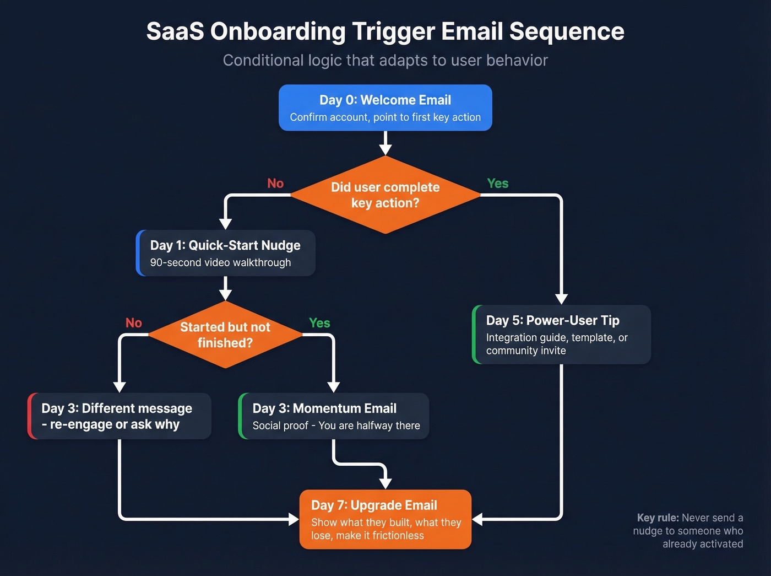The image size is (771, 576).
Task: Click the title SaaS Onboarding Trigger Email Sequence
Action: [x=385, y=31]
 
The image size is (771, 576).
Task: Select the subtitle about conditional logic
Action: [x=385, y=60]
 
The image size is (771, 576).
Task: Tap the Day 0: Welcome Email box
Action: [x=385, y=107]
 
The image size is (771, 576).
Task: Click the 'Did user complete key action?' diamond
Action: [x=385, y=195]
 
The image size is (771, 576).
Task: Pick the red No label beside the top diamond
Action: [x=275, y=184]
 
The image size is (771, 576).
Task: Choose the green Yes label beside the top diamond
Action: [x=497, y=184]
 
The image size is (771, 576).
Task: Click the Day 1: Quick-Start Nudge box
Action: [x=225, y=253]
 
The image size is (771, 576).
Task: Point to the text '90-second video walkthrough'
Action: [x=220, y=263]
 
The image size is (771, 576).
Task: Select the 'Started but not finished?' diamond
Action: [x=225, y=335]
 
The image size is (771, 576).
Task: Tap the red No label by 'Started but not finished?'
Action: [x=134, y=323]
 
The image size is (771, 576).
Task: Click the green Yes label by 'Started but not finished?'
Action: [x=319, y=323]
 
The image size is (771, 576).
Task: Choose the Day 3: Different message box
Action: [x=120, y=416]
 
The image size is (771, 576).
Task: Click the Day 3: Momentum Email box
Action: [x=334, y=416]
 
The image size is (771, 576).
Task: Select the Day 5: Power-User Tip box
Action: [x=562, y=335]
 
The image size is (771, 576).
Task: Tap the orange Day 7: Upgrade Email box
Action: [x=385, y=519]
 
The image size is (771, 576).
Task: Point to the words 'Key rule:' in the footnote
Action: [x=658, y=518]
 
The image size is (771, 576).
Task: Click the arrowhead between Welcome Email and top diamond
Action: [x=385, y=149]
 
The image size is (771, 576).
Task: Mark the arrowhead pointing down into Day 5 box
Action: [x=561, y=298]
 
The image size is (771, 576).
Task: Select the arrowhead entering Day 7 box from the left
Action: [x=293, y=519]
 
